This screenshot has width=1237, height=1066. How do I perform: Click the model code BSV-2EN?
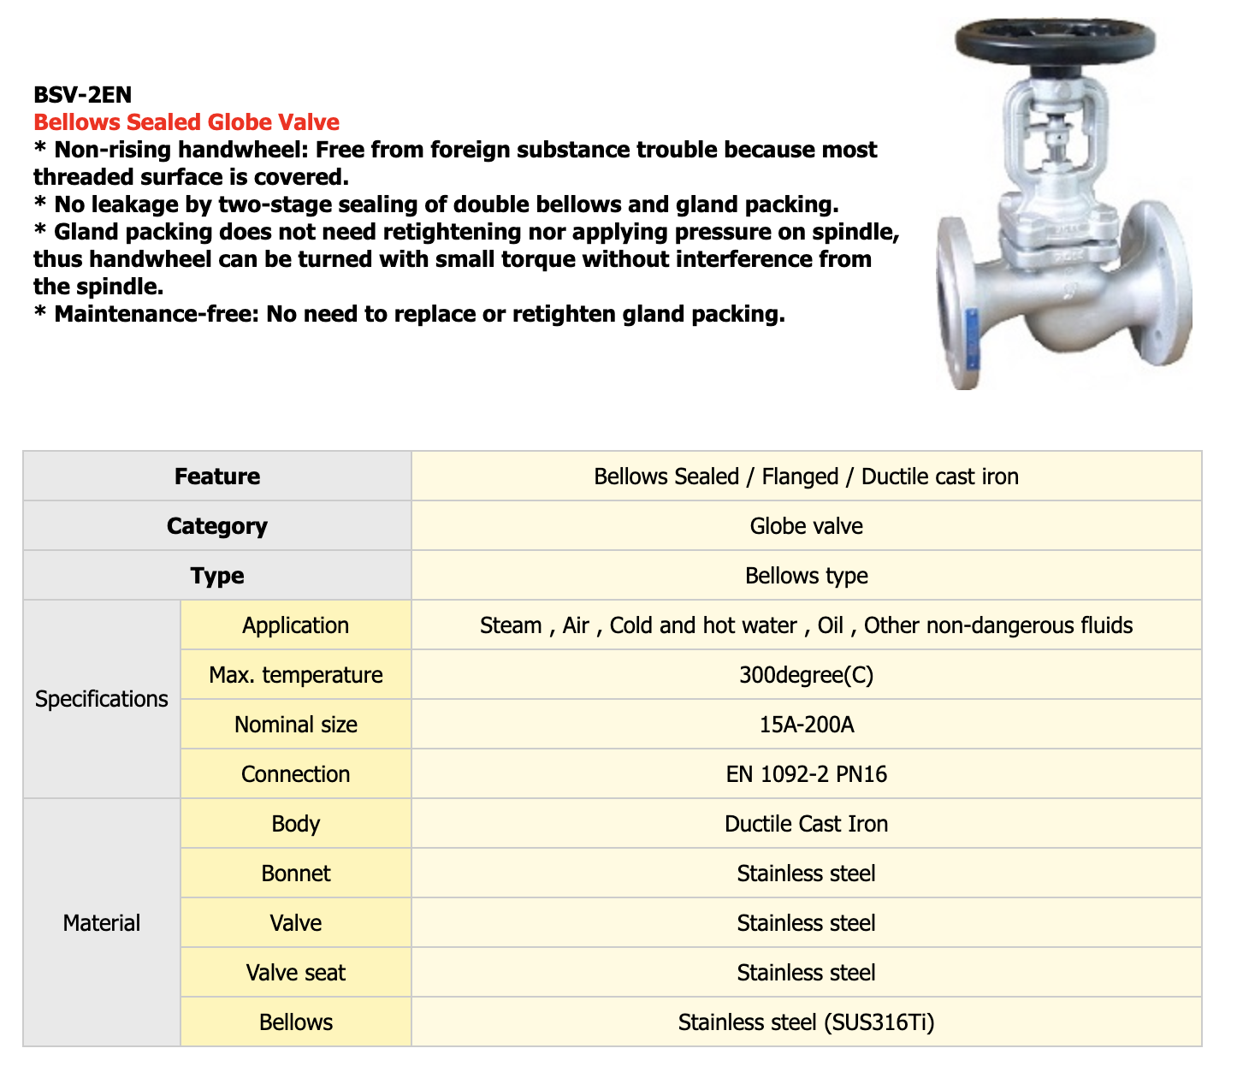82,94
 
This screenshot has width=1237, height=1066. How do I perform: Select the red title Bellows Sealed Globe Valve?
186,122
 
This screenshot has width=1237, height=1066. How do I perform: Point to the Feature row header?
217,477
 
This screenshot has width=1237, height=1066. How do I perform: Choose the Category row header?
217,526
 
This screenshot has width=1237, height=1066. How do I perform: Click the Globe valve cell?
806,526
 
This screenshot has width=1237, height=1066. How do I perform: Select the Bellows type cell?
806,576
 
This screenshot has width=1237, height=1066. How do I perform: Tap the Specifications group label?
102,699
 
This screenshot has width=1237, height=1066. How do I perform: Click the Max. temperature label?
296,675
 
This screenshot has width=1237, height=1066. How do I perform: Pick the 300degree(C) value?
806,675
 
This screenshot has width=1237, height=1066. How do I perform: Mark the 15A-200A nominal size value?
806,725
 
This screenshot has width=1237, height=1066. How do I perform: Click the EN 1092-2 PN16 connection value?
806,774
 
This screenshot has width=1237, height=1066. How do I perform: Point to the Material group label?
102,923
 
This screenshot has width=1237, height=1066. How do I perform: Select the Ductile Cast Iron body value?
806,824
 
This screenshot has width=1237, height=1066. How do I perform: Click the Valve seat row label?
296,973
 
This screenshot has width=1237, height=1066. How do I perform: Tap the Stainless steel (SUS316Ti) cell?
806,1022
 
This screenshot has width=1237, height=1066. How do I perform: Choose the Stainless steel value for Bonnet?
806,874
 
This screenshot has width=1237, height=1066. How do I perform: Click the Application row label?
296,625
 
